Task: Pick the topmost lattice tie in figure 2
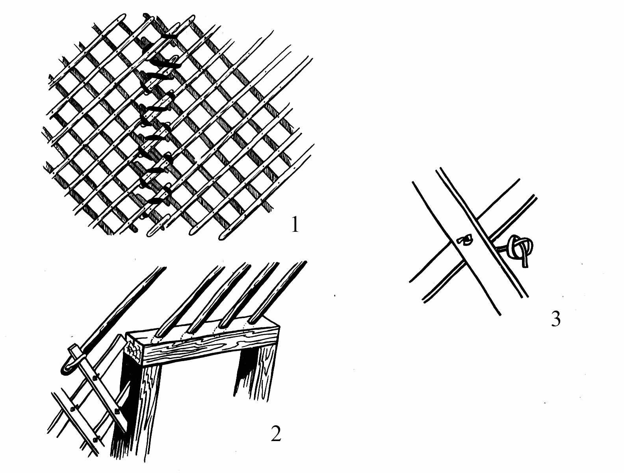(x=94, y=378)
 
